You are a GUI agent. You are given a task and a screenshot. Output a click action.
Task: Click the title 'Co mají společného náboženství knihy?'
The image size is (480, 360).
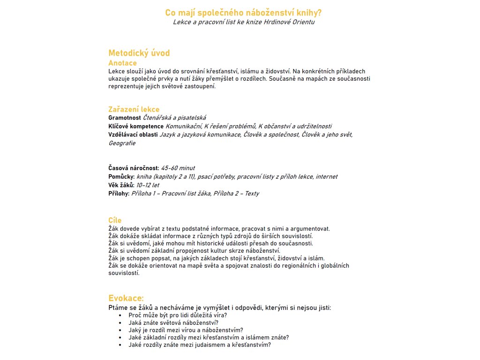click(243, 13)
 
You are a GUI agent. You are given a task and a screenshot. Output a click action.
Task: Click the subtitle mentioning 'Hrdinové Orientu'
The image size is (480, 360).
click(243, 22)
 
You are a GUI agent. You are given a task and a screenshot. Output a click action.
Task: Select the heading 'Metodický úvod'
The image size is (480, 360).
click(139, 53)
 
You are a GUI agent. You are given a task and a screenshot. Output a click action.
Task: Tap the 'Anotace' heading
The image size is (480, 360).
click(122, 63)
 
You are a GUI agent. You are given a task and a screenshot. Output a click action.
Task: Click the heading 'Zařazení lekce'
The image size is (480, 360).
click(134, 109)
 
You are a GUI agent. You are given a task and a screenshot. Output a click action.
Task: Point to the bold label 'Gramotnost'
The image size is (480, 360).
click(124, 118)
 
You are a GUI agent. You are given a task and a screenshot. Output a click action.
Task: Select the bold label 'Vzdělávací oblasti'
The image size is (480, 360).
click(133, 135)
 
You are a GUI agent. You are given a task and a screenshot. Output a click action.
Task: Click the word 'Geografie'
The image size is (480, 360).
click(122, 143)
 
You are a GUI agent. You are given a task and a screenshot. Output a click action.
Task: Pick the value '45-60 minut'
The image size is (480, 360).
click(178, 168)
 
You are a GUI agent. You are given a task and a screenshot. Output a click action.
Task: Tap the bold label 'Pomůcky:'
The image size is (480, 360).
click(121, 176)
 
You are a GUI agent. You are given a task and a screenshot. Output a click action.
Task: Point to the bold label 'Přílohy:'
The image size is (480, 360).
click(119, 193)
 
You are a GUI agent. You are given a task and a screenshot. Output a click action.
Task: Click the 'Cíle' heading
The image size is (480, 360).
click(115, 220)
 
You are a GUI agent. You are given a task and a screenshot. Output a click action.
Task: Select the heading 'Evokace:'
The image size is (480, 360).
click(126, 298)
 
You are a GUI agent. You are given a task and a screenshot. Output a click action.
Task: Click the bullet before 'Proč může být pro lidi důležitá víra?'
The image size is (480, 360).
click(120, 315)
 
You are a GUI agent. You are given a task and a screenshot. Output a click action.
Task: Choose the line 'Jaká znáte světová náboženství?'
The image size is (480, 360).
click(173, 322)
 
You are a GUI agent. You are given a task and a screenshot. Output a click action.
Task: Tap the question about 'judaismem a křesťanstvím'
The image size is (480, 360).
click(200, 345)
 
